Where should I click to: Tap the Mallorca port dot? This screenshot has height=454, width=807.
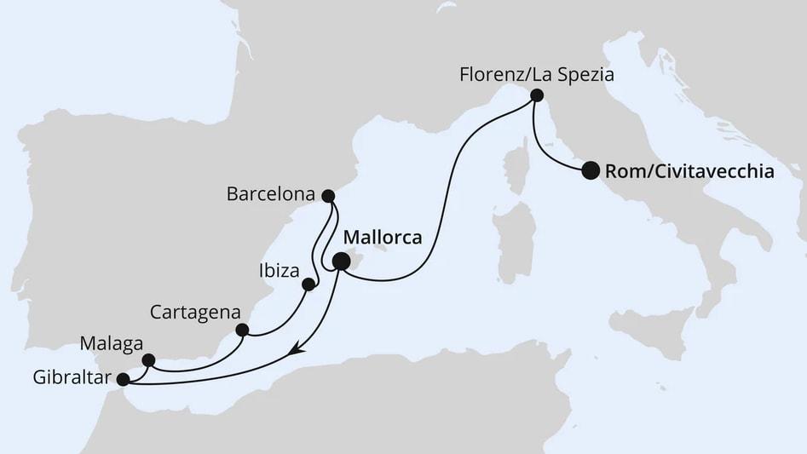[x=340, y=262]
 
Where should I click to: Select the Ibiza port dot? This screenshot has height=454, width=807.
[x=308, y=284]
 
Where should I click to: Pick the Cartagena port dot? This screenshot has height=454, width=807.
[x=242, y=330]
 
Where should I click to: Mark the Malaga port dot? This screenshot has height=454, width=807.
[x=148, y=359]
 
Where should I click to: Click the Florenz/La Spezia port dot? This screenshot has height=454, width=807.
[x=537, y=95]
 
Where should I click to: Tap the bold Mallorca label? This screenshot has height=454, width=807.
[x=383, y=238]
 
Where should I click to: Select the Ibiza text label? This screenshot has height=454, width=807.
[x=276, y=273]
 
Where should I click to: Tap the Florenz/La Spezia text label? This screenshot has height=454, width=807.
[x=537, y=74]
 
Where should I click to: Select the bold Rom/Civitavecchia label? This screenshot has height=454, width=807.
[x=689, y=172]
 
